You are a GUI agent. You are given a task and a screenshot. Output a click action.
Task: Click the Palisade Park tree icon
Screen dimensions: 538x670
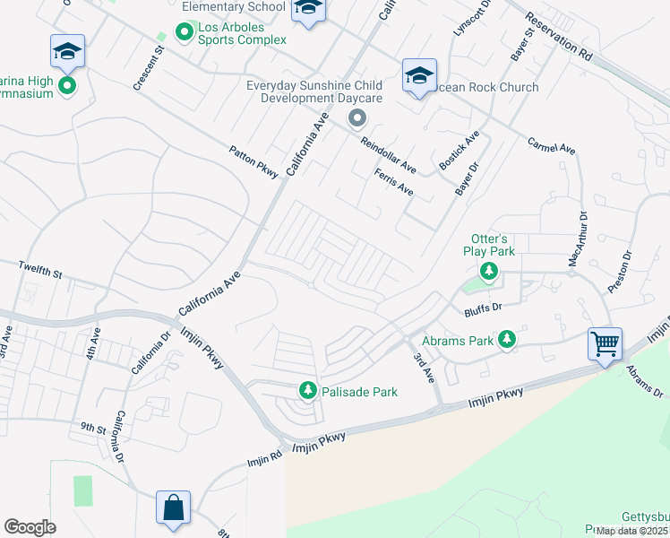click(308, 390)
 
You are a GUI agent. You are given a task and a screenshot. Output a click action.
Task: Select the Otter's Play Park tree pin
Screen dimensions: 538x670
click(489, 271)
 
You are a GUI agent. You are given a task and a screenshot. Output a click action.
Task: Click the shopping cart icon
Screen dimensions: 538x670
click(605, 343)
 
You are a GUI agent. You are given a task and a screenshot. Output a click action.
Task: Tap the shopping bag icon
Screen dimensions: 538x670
click(173, 507)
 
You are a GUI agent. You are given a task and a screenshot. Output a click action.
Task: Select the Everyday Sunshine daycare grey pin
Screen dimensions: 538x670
click(357, 118)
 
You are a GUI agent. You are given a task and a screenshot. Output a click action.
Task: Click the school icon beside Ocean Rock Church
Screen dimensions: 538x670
click(419, 76)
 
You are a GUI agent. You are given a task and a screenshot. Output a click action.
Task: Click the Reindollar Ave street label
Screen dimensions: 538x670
click(388, 155)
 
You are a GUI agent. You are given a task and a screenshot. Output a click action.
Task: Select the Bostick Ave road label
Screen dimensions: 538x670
click(460, 151)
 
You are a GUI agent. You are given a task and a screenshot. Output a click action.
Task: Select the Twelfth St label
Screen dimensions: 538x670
click(41, 268)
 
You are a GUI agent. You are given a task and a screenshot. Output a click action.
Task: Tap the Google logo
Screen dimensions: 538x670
click(30, 526)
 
